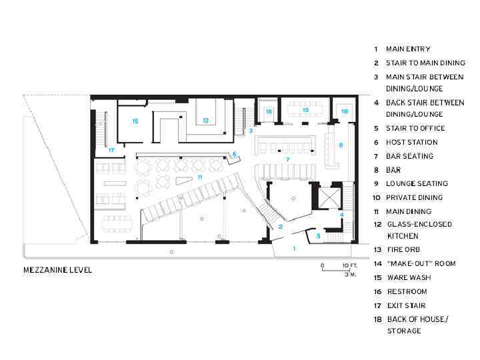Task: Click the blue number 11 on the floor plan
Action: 200,177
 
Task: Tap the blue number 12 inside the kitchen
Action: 205,120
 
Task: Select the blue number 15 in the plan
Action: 135,121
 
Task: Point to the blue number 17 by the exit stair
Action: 111,150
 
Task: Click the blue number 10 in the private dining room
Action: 305,110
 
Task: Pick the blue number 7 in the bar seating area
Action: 287,159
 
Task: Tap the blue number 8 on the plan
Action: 341,145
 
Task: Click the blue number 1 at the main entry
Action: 294,248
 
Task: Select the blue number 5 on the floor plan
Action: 319,236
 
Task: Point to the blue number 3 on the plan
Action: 251,131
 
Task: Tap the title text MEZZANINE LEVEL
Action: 57,270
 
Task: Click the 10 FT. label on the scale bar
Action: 349,265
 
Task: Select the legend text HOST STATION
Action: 412,143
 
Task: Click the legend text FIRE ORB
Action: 404,250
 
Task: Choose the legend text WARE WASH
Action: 409,277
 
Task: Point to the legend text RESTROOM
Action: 407,292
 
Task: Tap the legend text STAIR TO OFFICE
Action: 415,128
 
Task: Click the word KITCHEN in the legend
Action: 403,236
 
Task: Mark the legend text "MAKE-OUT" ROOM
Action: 421,263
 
